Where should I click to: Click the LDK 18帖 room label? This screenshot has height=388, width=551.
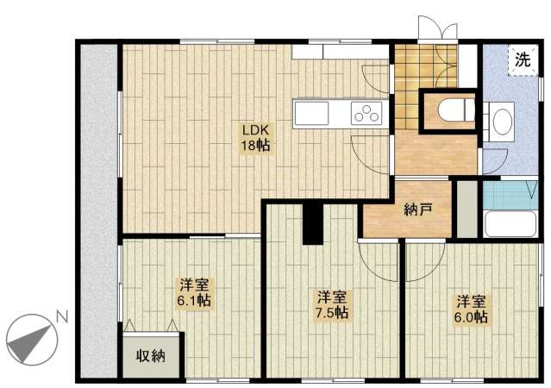coord(255,137)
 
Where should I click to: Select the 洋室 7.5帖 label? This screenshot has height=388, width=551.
coord(332,304)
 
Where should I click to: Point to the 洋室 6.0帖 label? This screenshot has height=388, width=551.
coord(471,310)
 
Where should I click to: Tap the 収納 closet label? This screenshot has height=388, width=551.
coord(151,356)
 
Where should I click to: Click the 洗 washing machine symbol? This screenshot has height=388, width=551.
coord(523,60)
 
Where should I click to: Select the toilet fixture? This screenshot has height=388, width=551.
coord(456,110)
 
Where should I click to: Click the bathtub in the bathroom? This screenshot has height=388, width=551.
coord(510,224)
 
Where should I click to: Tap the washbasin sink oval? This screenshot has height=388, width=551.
coord(503,122)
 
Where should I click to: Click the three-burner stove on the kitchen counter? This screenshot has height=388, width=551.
coord(366,113)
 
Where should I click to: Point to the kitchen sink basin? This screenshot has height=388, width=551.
coord(311,113)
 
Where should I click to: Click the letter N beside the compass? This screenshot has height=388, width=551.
coord(62,317)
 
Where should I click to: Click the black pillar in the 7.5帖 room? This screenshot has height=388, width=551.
coord(313,224)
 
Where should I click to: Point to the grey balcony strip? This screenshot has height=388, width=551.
coord(99,211)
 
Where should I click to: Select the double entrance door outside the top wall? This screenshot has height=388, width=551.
coord(438,28)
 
